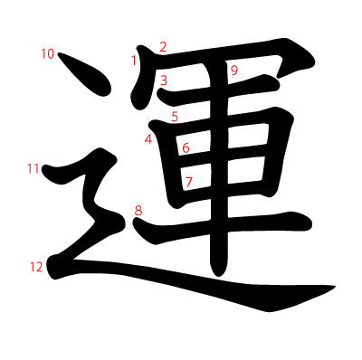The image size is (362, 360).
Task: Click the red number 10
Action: click(47, 54)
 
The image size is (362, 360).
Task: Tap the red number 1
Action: click(134, 61)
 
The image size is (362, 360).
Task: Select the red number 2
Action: click(163, 47)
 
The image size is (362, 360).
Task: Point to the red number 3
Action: click(164, 81)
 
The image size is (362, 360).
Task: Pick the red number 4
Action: click(148, 139)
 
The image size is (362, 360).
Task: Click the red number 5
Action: click(175, 117)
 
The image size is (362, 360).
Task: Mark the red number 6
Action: click(186, 148)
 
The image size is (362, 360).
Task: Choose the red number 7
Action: click(188, 182)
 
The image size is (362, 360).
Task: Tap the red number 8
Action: click(138, 211)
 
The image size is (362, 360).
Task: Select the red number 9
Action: click(234, 71)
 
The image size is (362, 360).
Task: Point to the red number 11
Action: click(33, 168)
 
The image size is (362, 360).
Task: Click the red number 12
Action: click(36, 267)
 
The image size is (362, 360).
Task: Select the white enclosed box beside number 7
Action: click(196, 177)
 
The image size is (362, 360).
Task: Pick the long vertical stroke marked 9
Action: click(219, 169)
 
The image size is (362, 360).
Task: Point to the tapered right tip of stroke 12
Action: click(336, 286)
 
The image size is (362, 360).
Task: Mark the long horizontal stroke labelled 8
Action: click(223, 226)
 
